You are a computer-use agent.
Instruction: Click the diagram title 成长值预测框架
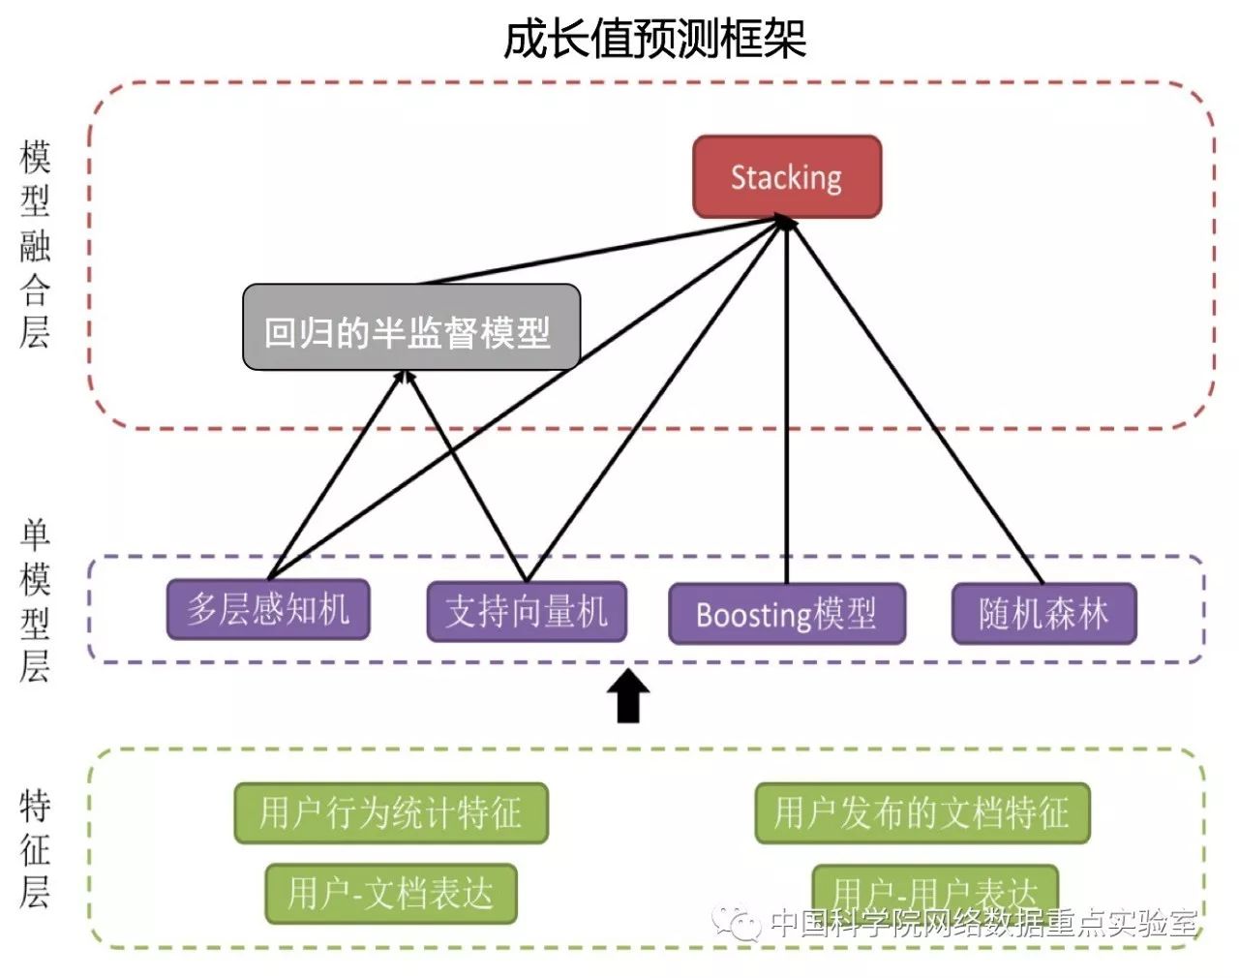click(654, 40)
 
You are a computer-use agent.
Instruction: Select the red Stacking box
click(787, 177)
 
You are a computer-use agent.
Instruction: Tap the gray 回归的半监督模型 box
click(410, 328)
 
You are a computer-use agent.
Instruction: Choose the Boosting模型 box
click(787, 614)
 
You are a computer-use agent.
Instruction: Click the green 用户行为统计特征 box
click(391, 812)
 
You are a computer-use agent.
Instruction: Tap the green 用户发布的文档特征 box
click(922, 812)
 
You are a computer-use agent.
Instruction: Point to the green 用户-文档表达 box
click(391, 893)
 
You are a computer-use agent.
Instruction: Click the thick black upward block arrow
click(628, 696)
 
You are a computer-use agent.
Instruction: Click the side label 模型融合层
click(36, 244)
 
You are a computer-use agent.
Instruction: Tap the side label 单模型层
click(36, 600)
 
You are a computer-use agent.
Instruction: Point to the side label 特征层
click(36, 849)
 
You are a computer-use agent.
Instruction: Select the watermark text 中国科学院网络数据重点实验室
click(983, 923)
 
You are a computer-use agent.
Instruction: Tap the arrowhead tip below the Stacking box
click(786, 222)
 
